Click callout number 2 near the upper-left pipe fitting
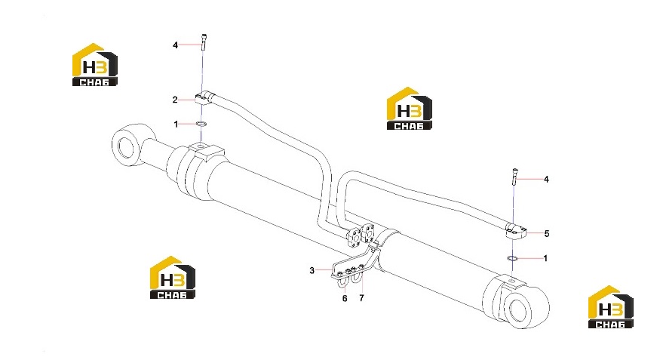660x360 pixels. point(175,100)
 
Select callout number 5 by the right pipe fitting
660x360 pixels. point(546,233)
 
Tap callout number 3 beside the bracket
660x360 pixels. point(312,270)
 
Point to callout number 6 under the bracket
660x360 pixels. point(345,299)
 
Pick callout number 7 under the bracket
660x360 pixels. point(361,298)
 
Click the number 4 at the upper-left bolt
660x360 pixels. point(176,45)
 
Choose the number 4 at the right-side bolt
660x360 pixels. point(546,180)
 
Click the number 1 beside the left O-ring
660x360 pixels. point(176,125)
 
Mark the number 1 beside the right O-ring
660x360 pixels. point(545,258)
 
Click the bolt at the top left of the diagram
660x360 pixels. point(204,43)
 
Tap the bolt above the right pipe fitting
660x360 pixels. point(514,177)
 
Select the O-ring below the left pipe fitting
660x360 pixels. point(201,124)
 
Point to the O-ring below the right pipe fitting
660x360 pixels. point(512,257)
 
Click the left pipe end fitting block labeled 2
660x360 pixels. point(204,99)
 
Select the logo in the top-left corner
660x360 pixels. point(95,65)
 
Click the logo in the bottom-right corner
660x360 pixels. point(610,307)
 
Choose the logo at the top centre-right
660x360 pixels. point(409,108)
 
